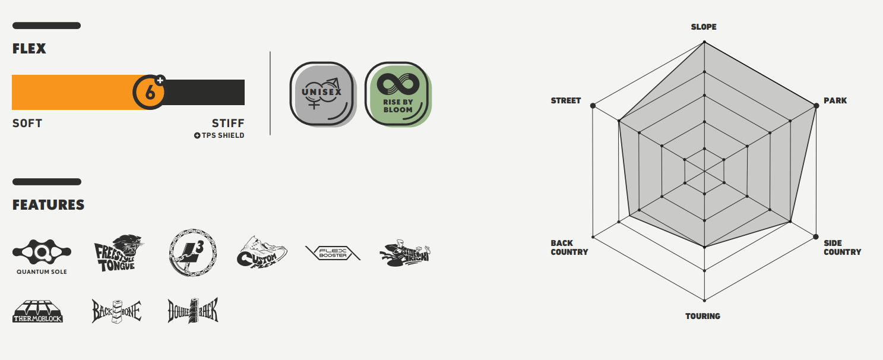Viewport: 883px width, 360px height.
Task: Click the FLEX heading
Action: pos(29,49)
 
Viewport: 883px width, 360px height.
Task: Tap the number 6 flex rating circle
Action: pos(150,92)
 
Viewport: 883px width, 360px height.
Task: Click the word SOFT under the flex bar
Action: pos(27,124)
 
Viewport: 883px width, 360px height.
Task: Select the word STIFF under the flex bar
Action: pos(228,124)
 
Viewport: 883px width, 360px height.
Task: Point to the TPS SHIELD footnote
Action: pos(219,135)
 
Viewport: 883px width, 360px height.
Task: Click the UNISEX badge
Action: pos(321,93)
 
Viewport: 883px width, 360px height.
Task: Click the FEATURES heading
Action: pos(48,205)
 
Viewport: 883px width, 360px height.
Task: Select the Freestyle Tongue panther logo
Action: pos(119,252)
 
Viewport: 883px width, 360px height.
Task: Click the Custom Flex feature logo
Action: pos(261,252)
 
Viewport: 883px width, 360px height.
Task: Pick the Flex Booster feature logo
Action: pos(333,253)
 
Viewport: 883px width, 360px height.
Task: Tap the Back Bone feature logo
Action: pos(116,311)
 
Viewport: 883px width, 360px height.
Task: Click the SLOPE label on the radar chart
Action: pos(704,27)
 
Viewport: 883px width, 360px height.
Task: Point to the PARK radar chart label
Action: pos(835,101)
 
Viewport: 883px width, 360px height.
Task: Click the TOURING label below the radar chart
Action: pos(703,316)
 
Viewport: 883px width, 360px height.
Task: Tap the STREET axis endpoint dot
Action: pos(593,106)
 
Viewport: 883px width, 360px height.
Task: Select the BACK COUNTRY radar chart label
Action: pos(569,247)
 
